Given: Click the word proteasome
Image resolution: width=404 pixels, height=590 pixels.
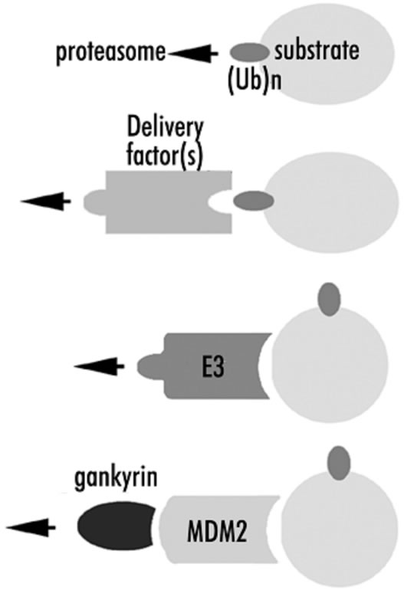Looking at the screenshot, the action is [x=111, y=52].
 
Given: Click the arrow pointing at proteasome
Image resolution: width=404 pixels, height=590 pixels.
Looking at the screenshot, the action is [x=193, y=54].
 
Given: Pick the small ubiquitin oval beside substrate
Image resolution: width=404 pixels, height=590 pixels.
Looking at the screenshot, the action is [x=250, y=52].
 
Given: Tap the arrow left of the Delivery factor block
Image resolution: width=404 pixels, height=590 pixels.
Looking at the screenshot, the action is [x=45, y=202].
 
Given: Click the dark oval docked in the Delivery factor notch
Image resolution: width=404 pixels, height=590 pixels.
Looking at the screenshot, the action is [x=254, y=201].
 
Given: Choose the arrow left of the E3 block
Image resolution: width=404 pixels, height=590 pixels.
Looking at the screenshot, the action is [x=99, y=365].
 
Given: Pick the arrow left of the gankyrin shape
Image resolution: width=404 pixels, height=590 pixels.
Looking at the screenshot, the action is [x=31, y=527].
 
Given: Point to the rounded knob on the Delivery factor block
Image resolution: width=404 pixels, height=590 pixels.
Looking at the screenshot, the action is [x=94, y=202].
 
